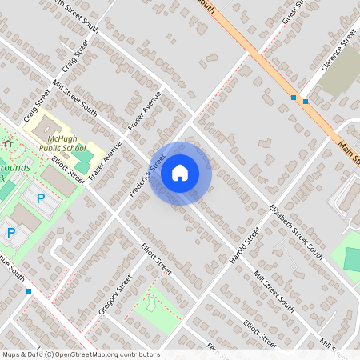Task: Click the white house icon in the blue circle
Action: [x=180, y=173]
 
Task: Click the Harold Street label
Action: [x=245, y=247]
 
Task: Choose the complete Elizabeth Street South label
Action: [x=295, y=231]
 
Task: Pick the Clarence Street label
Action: [x=338, y=50]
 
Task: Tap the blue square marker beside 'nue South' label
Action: [x=29, y=291]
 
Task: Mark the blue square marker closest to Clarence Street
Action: [x=306, y=102]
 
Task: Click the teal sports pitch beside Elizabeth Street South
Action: [x=352, y=258]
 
